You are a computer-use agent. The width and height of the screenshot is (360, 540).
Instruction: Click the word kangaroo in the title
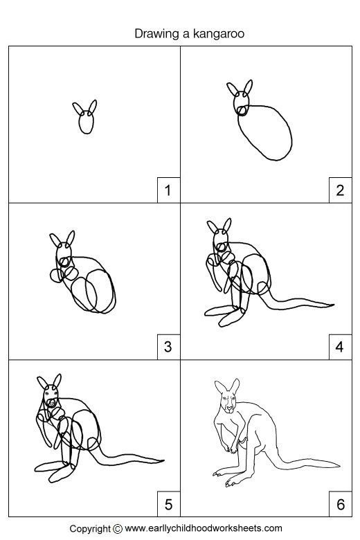click(x=218, y=34)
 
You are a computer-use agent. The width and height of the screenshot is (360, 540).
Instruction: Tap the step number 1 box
click(x=168, y=190)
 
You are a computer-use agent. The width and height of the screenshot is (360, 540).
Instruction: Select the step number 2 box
click(x=341, y=190)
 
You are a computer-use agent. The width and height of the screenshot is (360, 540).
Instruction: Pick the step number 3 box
click(x=168, y=347)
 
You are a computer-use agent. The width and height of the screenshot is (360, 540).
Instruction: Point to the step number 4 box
click(x=341, y=347)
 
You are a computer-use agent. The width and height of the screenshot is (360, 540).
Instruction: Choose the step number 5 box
click(x=168, y=504)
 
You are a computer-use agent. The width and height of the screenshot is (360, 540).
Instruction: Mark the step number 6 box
click(x=341, y=504)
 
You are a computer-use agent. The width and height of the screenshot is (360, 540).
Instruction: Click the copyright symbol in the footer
click(x=118, y=528)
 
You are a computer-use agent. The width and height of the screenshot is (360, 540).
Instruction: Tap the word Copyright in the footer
click(x=91, y=529)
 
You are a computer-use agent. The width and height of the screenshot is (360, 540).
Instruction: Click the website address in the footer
click(x=204, y=528)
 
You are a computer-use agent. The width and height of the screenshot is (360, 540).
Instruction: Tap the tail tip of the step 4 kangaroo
click(x=334, y=305)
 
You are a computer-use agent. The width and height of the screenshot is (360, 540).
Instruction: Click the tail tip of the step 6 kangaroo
click(x=340, y=465)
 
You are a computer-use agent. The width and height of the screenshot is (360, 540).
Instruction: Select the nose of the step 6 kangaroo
click(x=229, y=408)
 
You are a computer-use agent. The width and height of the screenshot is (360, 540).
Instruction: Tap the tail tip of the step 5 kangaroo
click(x=163, y=460)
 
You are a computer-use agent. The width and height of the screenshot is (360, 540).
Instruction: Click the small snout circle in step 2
click(x=242, y=111)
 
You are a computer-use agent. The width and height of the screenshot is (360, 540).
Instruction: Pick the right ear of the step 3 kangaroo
click(x=71, y=238)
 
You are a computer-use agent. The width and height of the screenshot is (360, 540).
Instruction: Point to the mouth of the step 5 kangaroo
click(x=52, y=402)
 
